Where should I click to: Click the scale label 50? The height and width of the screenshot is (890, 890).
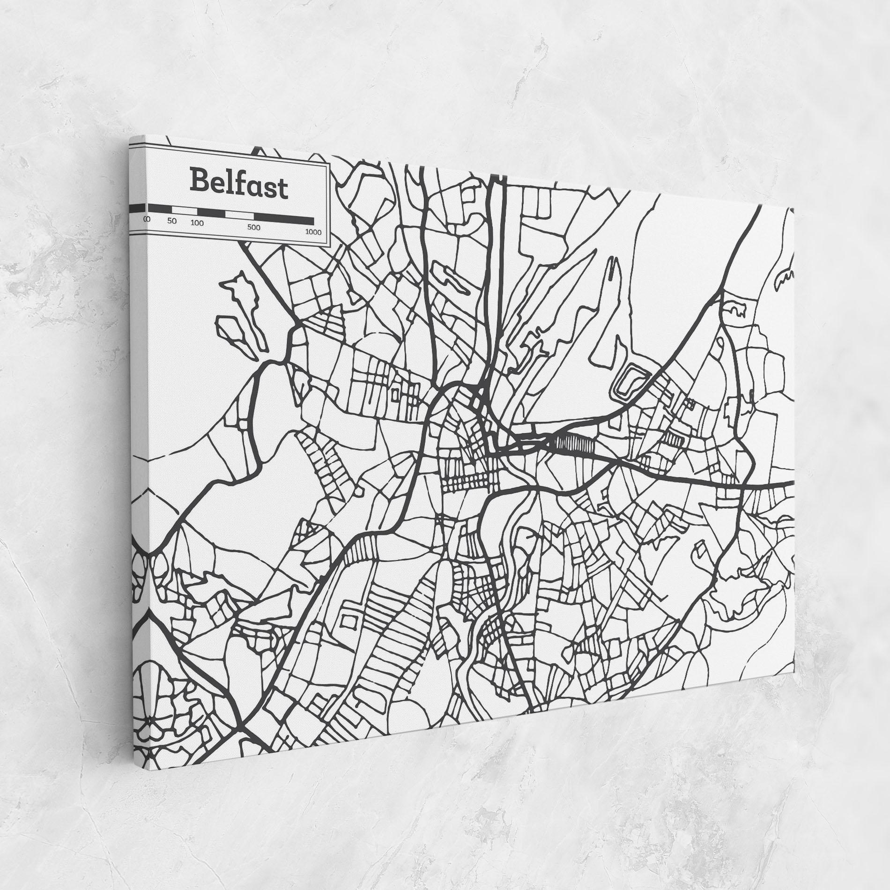172,221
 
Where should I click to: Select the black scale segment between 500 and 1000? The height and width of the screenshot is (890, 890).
284,218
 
